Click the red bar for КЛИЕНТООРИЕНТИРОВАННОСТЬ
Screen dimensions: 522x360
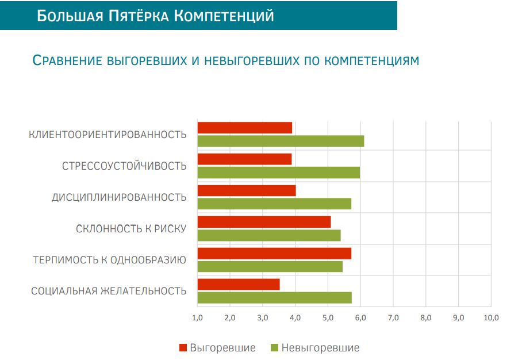(245, 128)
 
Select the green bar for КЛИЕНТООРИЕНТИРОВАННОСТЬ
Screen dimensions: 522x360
(281, 141)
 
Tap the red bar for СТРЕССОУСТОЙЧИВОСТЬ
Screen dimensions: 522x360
(244, 159)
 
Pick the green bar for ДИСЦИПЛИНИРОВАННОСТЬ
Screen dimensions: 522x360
(274, 204)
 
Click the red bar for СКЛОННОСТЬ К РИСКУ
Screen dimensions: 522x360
(264, 222)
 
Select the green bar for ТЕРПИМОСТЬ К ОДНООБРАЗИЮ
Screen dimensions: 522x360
(270, 266)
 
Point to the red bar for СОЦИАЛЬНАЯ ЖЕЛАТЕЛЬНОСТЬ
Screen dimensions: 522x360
(239, 285)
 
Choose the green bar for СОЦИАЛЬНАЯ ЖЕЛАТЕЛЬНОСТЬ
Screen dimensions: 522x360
(275, 298)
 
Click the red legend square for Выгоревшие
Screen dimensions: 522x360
(183, 348)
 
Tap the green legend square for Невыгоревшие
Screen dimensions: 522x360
(274, 348)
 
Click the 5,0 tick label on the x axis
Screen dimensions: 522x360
(328, 317)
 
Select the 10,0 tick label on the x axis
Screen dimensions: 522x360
(491, 317)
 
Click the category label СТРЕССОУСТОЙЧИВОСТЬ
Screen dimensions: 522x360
(124, 166)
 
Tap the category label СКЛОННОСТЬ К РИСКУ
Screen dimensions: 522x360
(131, 229)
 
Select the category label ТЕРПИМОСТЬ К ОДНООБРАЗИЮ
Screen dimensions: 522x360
(110, 260)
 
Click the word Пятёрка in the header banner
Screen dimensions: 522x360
(139, 16)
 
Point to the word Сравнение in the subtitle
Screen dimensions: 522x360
(67, 60)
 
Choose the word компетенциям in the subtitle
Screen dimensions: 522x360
(371, 61)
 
